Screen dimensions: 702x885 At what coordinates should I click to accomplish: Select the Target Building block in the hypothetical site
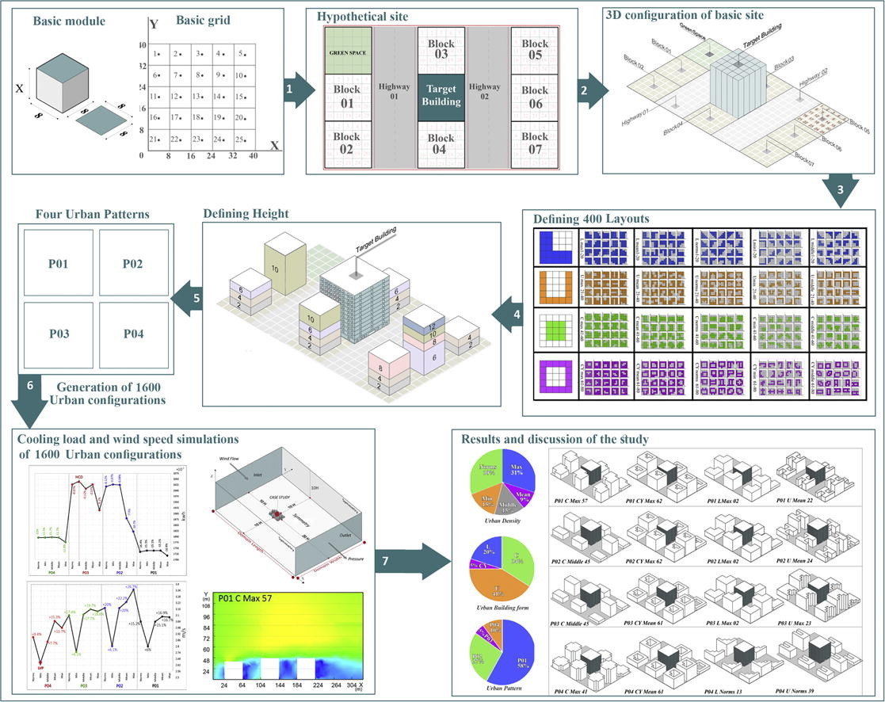pos(441,96)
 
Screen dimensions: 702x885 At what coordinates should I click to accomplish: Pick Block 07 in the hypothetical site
pos(535,143)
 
